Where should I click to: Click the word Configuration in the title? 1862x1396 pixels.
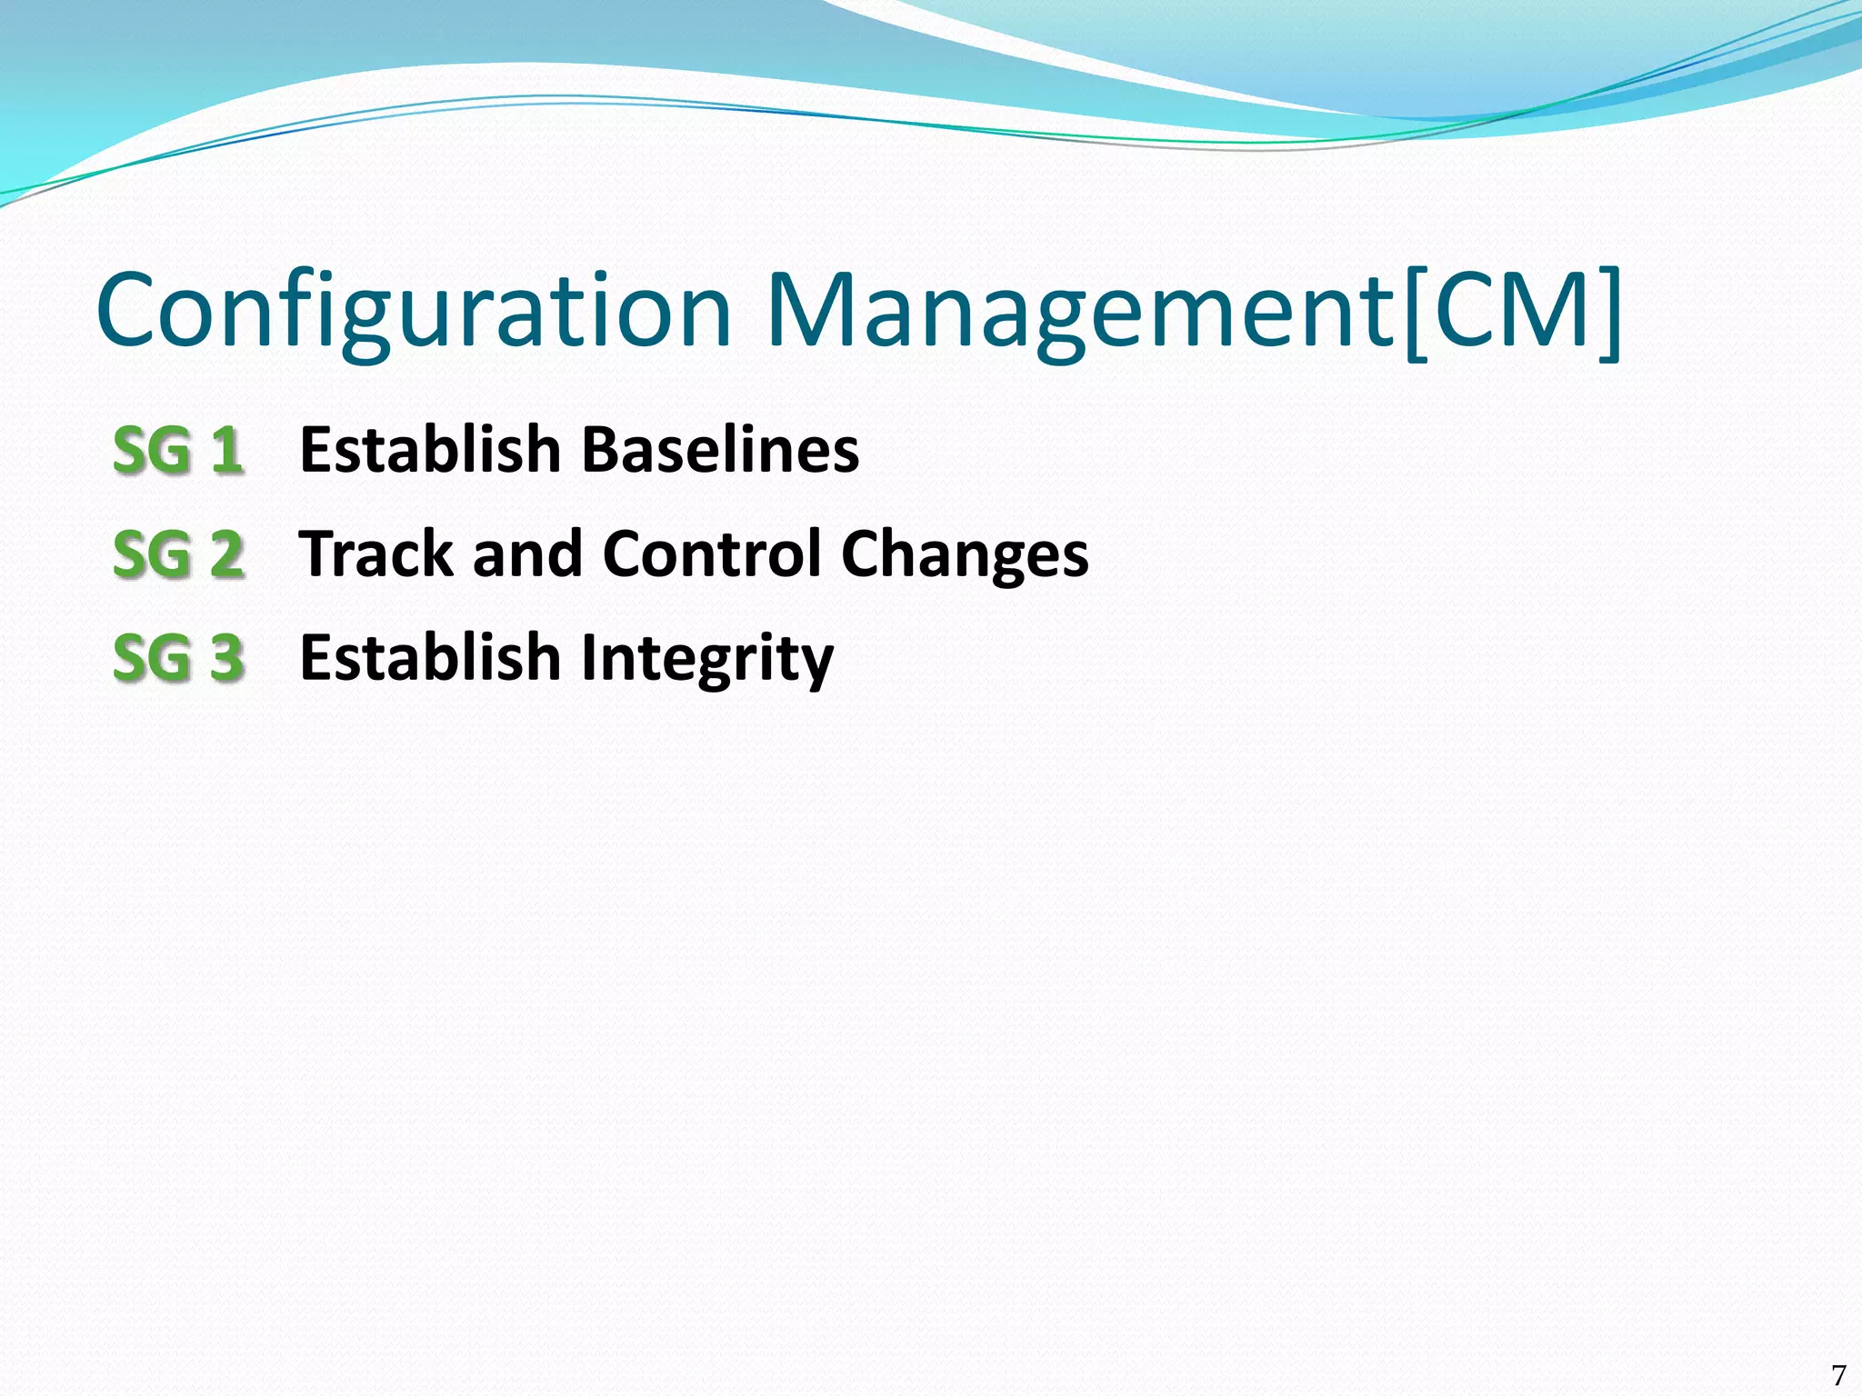pos(414,311)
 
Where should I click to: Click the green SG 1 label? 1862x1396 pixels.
pos(178,451)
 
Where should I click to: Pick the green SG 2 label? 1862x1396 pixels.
pos(178,554)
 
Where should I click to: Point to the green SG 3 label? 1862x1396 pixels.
pos(178,658)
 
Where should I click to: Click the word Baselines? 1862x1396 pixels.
pos(720,450)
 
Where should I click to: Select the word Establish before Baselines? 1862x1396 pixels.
pos(430,450)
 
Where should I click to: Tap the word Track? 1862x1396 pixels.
pos(376,553)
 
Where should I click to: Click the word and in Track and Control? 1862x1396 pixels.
pos(527,553)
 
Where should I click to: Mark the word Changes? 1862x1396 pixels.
pos(965,553)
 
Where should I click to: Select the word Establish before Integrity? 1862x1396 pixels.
pos(430,657)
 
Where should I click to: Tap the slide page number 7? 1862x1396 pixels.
pos(1838,1374)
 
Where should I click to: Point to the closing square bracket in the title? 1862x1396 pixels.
pos(1610,313)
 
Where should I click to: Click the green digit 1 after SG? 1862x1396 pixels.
pos(227,451)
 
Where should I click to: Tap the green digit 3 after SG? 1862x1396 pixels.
pos(227,658)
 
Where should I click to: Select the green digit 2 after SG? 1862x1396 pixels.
pos(227,554)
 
